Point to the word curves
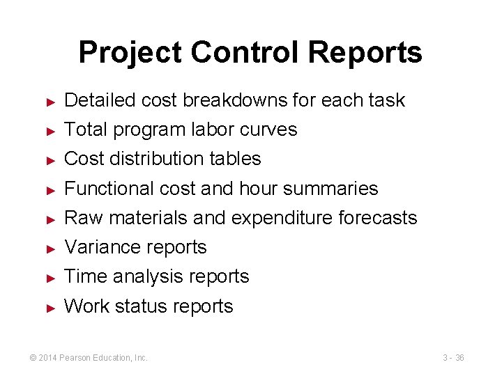[x=271, y=130]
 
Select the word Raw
[x=79, y=218]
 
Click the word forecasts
[x=377, y=218]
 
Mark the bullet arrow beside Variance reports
[x=50, y=248]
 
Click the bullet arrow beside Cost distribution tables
[x=50, y=159]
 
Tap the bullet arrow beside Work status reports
[x=50, y=307]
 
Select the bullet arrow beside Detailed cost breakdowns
[x=50, y=101]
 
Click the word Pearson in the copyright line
[x=84, y=358]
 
